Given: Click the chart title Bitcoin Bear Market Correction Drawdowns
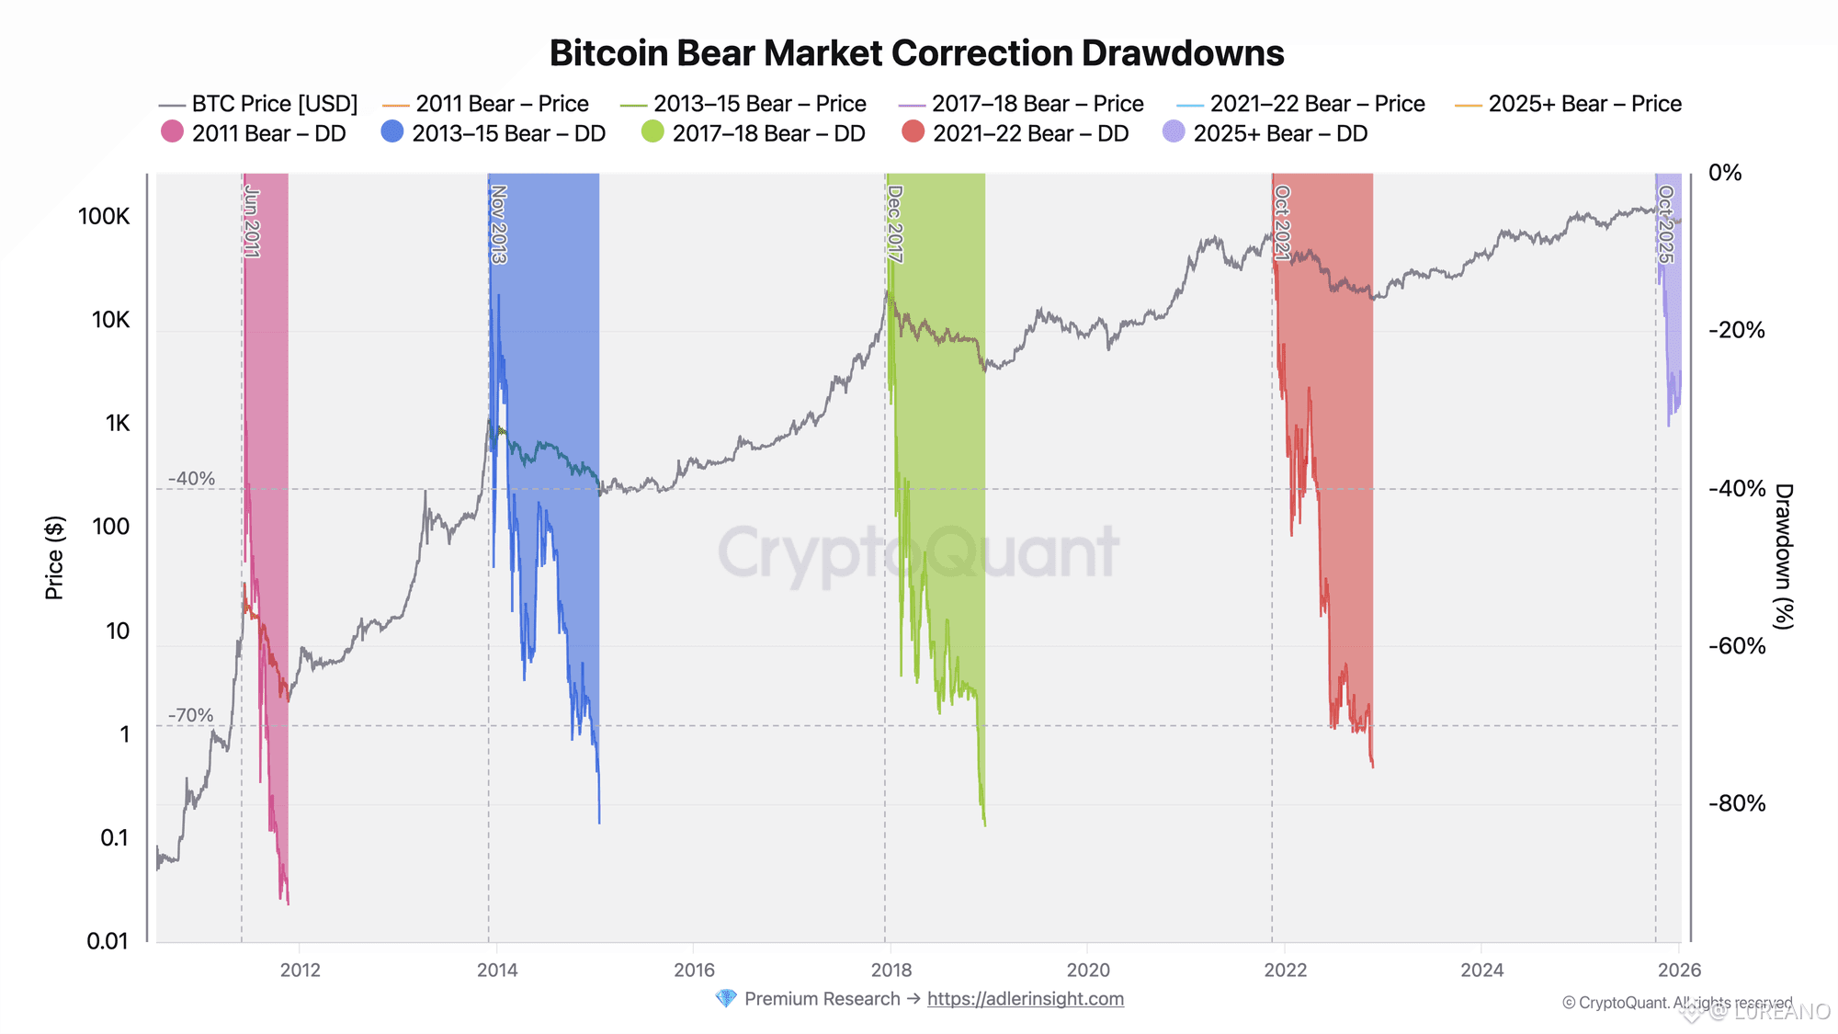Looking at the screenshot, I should pyautogui.click(x=916, y=53).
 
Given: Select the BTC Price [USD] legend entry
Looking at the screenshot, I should pyautogui.click(x=258, y=104).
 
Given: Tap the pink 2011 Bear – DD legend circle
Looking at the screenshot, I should pyautogui.click(x=172, y=132).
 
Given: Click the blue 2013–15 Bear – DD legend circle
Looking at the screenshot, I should pyautogui.click(x=392, y=132).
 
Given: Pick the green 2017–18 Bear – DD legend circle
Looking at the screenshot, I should pyautogui.click(x=652, y=132).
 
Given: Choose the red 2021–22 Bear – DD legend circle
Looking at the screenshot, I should pyautogui.click(x=913, y=132).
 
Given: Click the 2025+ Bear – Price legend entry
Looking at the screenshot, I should pyautogui.click(x=1569, y=104).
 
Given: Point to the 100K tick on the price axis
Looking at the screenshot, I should pyautogui.click(x=104, y=217).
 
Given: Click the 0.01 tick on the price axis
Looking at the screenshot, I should pyautogui.click(x=108, y=941).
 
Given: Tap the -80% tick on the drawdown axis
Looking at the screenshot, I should pyautogui.click(x=1737, y=804).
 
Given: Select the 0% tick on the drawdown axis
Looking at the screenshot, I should pyautogui.click(x=1725, y=173).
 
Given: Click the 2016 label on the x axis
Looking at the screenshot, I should pyautogui.click(x=694, y=971).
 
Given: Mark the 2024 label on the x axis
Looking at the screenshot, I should pyautogui.click(x=1481, y=971).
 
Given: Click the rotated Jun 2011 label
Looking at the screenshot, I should pyautogui.click(x=252, y=222).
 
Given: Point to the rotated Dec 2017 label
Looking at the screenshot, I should pyautogui.click(x=895, y=224).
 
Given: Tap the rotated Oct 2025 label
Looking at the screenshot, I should pyautogui.click(x=1665, y=224).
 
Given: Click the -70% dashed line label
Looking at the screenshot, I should pyautogui.click(x=191, y=715).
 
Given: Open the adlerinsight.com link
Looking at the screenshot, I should pyautogui.click(x=1025, y=999).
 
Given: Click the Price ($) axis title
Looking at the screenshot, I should pyautogui.click(x=55, y=557).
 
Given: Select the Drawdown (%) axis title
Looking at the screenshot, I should pyautogui.click(x=1783, y=557).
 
